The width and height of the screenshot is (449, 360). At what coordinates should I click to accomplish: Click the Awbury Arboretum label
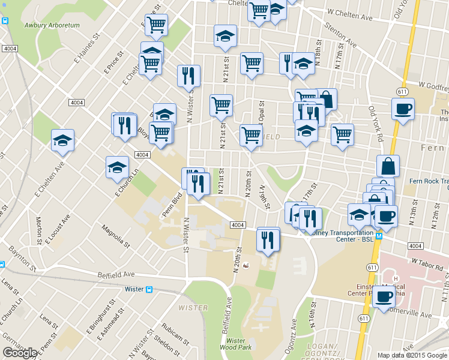pos(52,25)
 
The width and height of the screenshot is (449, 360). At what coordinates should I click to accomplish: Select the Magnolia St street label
pos(115,236)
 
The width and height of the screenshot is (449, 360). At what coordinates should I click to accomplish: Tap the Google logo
pos(20,353)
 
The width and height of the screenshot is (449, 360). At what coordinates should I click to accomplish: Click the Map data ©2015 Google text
pos(412,355)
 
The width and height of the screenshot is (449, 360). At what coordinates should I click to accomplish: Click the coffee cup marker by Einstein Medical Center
pos(384,295)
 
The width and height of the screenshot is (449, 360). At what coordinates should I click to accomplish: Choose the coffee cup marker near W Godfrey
pos(403,109)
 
